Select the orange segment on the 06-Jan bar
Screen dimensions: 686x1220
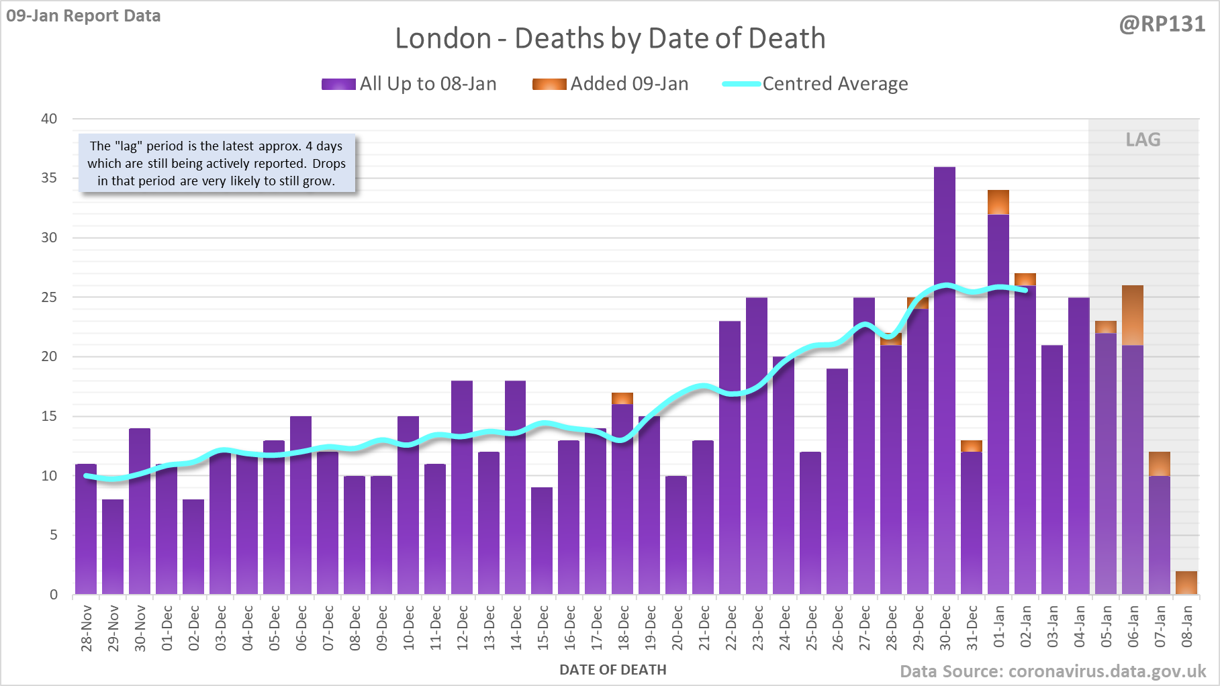pyautogui.click(x=1132, y=315)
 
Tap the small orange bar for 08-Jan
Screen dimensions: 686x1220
pyautogui.click(x=1186, y=583)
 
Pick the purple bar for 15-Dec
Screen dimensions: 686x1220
pyautogui.click(x=542, y=540)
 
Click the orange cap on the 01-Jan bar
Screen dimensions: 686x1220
pyautogui.click(x=998, y=202)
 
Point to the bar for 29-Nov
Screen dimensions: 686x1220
pyautogui.click(x=113, y=546)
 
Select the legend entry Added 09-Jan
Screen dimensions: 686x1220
pyautogui.click(x=610, y=84)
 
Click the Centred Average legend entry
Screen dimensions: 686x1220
pyautogui.click(x=815, y=84)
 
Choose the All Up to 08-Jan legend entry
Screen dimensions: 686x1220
pyautogui.click(x=409, y=84)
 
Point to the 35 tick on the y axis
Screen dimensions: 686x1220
pyautogui.click(x=49, y=178)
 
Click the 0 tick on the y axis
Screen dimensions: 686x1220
pyautogui.click(x=54, y=595)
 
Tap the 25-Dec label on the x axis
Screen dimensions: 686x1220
pyautogui.click(x=812, y=628)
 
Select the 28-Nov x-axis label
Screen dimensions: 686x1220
pyautogui.click(x=87, y=628)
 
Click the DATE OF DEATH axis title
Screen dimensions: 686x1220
pyautogui.click(x=612, y=670)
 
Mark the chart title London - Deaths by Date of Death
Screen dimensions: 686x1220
pyautogui.click(x=610, y=38)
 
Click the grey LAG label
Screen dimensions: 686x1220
pyautogui.click(x=1143, y=140)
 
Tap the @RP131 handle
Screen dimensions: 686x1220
pyautogui.click(x=1162, y=24)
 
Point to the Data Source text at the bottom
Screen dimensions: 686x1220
pyautogui.click(x=1052, y=671)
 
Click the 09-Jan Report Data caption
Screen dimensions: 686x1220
pyautogui.click(x=83, y=15)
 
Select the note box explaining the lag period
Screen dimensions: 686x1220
pyautogui.click(x=216, y=163)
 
